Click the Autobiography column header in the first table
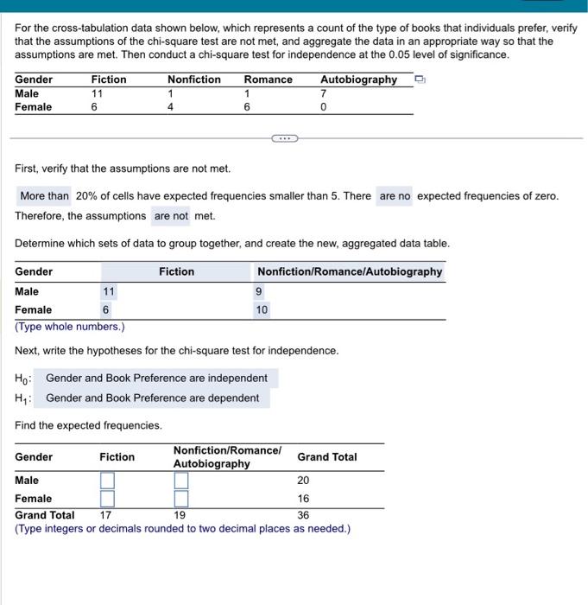click(x=358, y=80)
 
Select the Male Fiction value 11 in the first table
click(x=98, y=93)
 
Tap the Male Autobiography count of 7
click(x=323, y=93)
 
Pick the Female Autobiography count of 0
click(x=323, y=107)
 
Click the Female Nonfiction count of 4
click(x=171, y=107)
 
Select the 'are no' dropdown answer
click(x=395, y=196)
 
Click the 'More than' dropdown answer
click(x=44, y=196)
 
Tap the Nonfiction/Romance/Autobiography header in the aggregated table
click(x=350, y=271)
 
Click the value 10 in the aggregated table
click(x=262, y=309)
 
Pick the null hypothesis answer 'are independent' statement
click(x=156, y=378)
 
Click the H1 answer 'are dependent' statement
click(x=152, y=398)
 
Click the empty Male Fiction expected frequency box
click(x=108, y=481)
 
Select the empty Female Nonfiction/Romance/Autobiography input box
click(x=181, y=499)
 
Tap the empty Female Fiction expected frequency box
click(x=108, y=499)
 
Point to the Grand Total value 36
click(x=304, y=515)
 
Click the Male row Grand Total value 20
click(x=304, y=481)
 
